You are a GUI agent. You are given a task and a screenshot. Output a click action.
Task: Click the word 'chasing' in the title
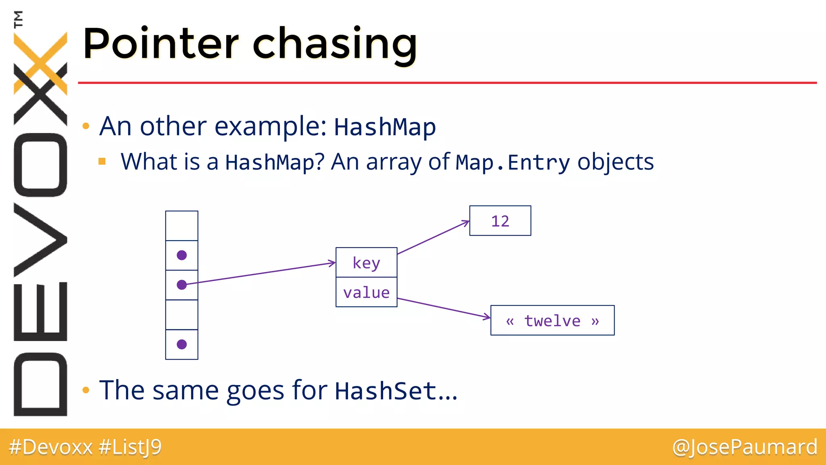(x=335, y=44)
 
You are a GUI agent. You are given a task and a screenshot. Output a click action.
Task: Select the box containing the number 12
(x=500, y=221)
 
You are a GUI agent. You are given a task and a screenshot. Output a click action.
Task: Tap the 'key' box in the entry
(x=366, y=262)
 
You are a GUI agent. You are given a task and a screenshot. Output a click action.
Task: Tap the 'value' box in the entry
(x=366, y=292)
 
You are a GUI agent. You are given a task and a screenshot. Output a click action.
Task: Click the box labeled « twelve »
(x=552, y=320)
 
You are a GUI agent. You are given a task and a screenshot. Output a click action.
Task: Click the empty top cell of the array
(x=181, y=226)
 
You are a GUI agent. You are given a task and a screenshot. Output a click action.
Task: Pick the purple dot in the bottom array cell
(x=181, y=344)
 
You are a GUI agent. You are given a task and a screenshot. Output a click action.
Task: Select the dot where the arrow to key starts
(x=181, y=285)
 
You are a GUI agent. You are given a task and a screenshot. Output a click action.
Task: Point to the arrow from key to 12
(x=434, y=238)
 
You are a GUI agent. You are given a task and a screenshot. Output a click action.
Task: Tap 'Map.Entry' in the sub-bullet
(x=513, y=163)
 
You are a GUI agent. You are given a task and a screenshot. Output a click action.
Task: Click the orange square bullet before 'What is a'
(x=102, y=162)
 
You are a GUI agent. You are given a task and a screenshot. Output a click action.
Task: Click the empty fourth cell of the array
(x=181, y=315)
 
